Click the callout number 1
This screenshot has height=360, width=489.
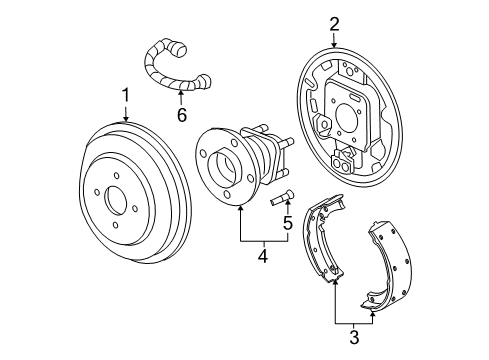pyautogui.click(x=126, y=96)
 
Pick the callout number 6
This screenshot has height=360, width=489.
pyautogui.click(x=181, y=115)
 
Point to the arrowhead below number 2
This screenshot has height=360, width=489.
pyautogui.click(x=335, y=45)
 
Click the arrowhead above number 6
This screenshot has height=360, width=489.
pyautogui.click(x=181, y=92)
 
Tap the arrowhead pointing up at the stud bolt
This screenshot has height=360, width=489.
pyautogui.click(x=287, y=207)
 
